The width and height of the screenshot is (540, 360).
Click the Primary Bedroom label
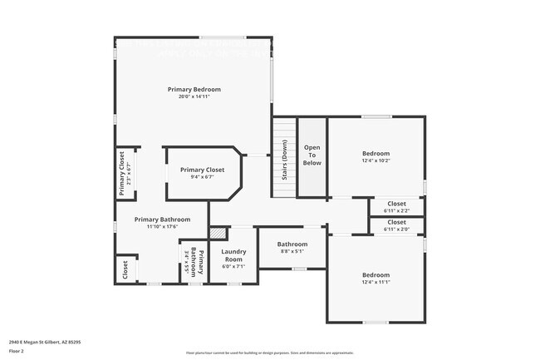tap(194, 89)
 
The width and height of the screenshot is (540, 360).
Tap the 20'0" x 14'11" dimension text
tap(194, 96)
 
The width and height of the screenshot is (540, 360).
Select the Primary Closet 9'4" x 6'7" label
tap(202, 173)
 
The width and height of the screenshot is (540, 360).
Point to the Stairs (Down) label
tap(284, 160)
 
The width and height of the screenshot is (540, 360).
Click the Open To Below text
tap(312, 155)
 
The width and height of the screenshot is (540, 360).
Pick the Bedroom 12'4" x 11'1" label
tap(376, 279)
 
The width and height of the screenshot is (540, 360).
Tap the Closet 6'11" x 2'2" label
tap(396, 206)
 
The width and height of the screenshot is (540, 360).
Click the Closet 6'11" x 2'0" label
tap(396, 225)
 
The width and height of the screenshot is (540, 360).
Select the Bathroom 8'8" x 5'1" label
tap(292, 248)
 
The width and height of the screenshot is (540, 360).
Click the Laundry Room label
tap(233, 255)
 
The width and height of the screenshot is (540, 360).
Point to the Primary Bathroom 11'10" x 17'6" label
tap(163, 223)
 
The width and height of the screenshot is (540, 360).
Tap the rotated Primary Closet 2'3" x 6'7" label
tap(125, 173)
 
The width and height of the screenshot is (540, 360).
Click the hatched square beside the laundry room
tap(218, 234)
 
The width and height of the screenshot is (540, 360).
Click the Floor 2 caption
tap(17, 351)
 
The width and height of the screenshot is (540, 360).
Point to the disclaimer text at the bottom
tap(269, 353)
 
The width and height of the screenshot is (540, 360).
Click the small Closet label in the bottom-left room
tap(125, 270)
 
